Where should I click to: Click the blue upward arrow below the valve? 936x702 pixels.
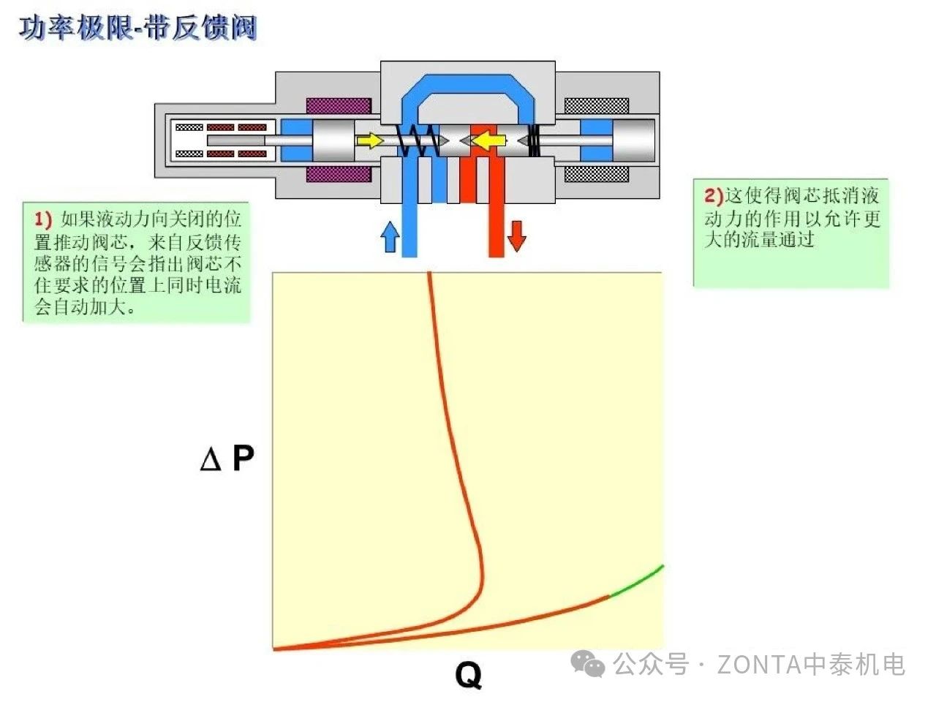pos(390,237)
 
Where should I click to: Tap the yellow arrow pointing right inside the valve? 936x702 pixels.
pos(371,140)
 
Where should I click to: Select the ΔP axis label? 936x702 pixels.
pos(227,458)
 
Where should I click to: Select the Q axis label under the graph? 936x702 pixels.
pos(468,673)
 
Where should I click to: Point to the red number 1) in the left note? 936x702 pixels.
pos(43,219)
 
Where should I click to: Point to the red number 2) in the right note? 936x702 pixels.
pos(713,195)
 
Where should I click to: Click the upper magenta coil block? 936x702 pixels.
pos(338,105)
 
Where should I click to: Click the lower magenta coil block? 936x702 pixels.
pos(338,174)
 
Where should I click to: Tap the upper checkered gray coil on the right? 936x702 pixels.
pos(597,105)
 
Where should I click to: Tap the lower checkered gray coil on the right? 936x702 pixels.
pos(597,174)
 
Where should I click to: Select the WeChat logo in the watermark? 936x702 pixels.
pos(588,664)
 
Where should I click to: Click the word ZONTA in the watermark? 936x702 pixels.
pos(758,665)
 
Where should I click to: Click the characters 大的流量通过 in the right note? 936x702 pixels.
pos(759,239)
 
